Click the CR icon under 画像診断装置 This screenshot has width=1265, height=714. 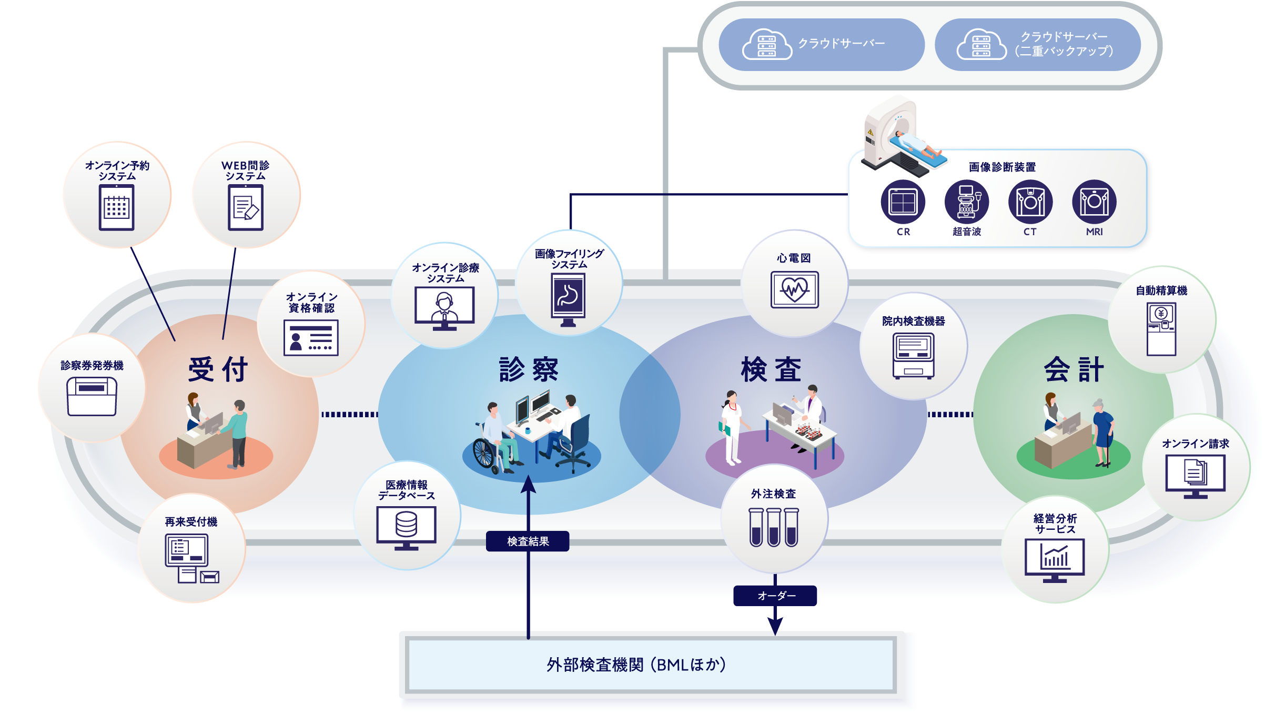pos(903,202)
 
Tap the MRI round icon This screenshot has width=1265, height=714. pos(1094,202)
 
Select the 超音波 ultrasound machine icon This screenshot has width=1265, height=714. pos(966,202)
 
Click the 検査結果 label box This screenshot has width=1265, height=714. pos(528,541)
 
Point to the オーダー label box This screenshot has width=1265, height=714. pos(775,596)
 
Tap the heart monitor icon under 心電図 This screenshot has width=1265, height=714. pos(794,289)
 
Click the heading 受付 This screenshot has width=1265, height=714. pos(218,369)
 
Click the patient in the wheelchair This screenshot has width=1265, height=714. pos(494,439)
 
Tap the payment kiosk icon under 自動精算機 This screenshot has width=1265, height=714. pos(1161,329)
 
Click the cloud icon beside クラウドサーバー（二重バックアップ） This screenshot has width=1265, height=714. pos(981,45)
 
